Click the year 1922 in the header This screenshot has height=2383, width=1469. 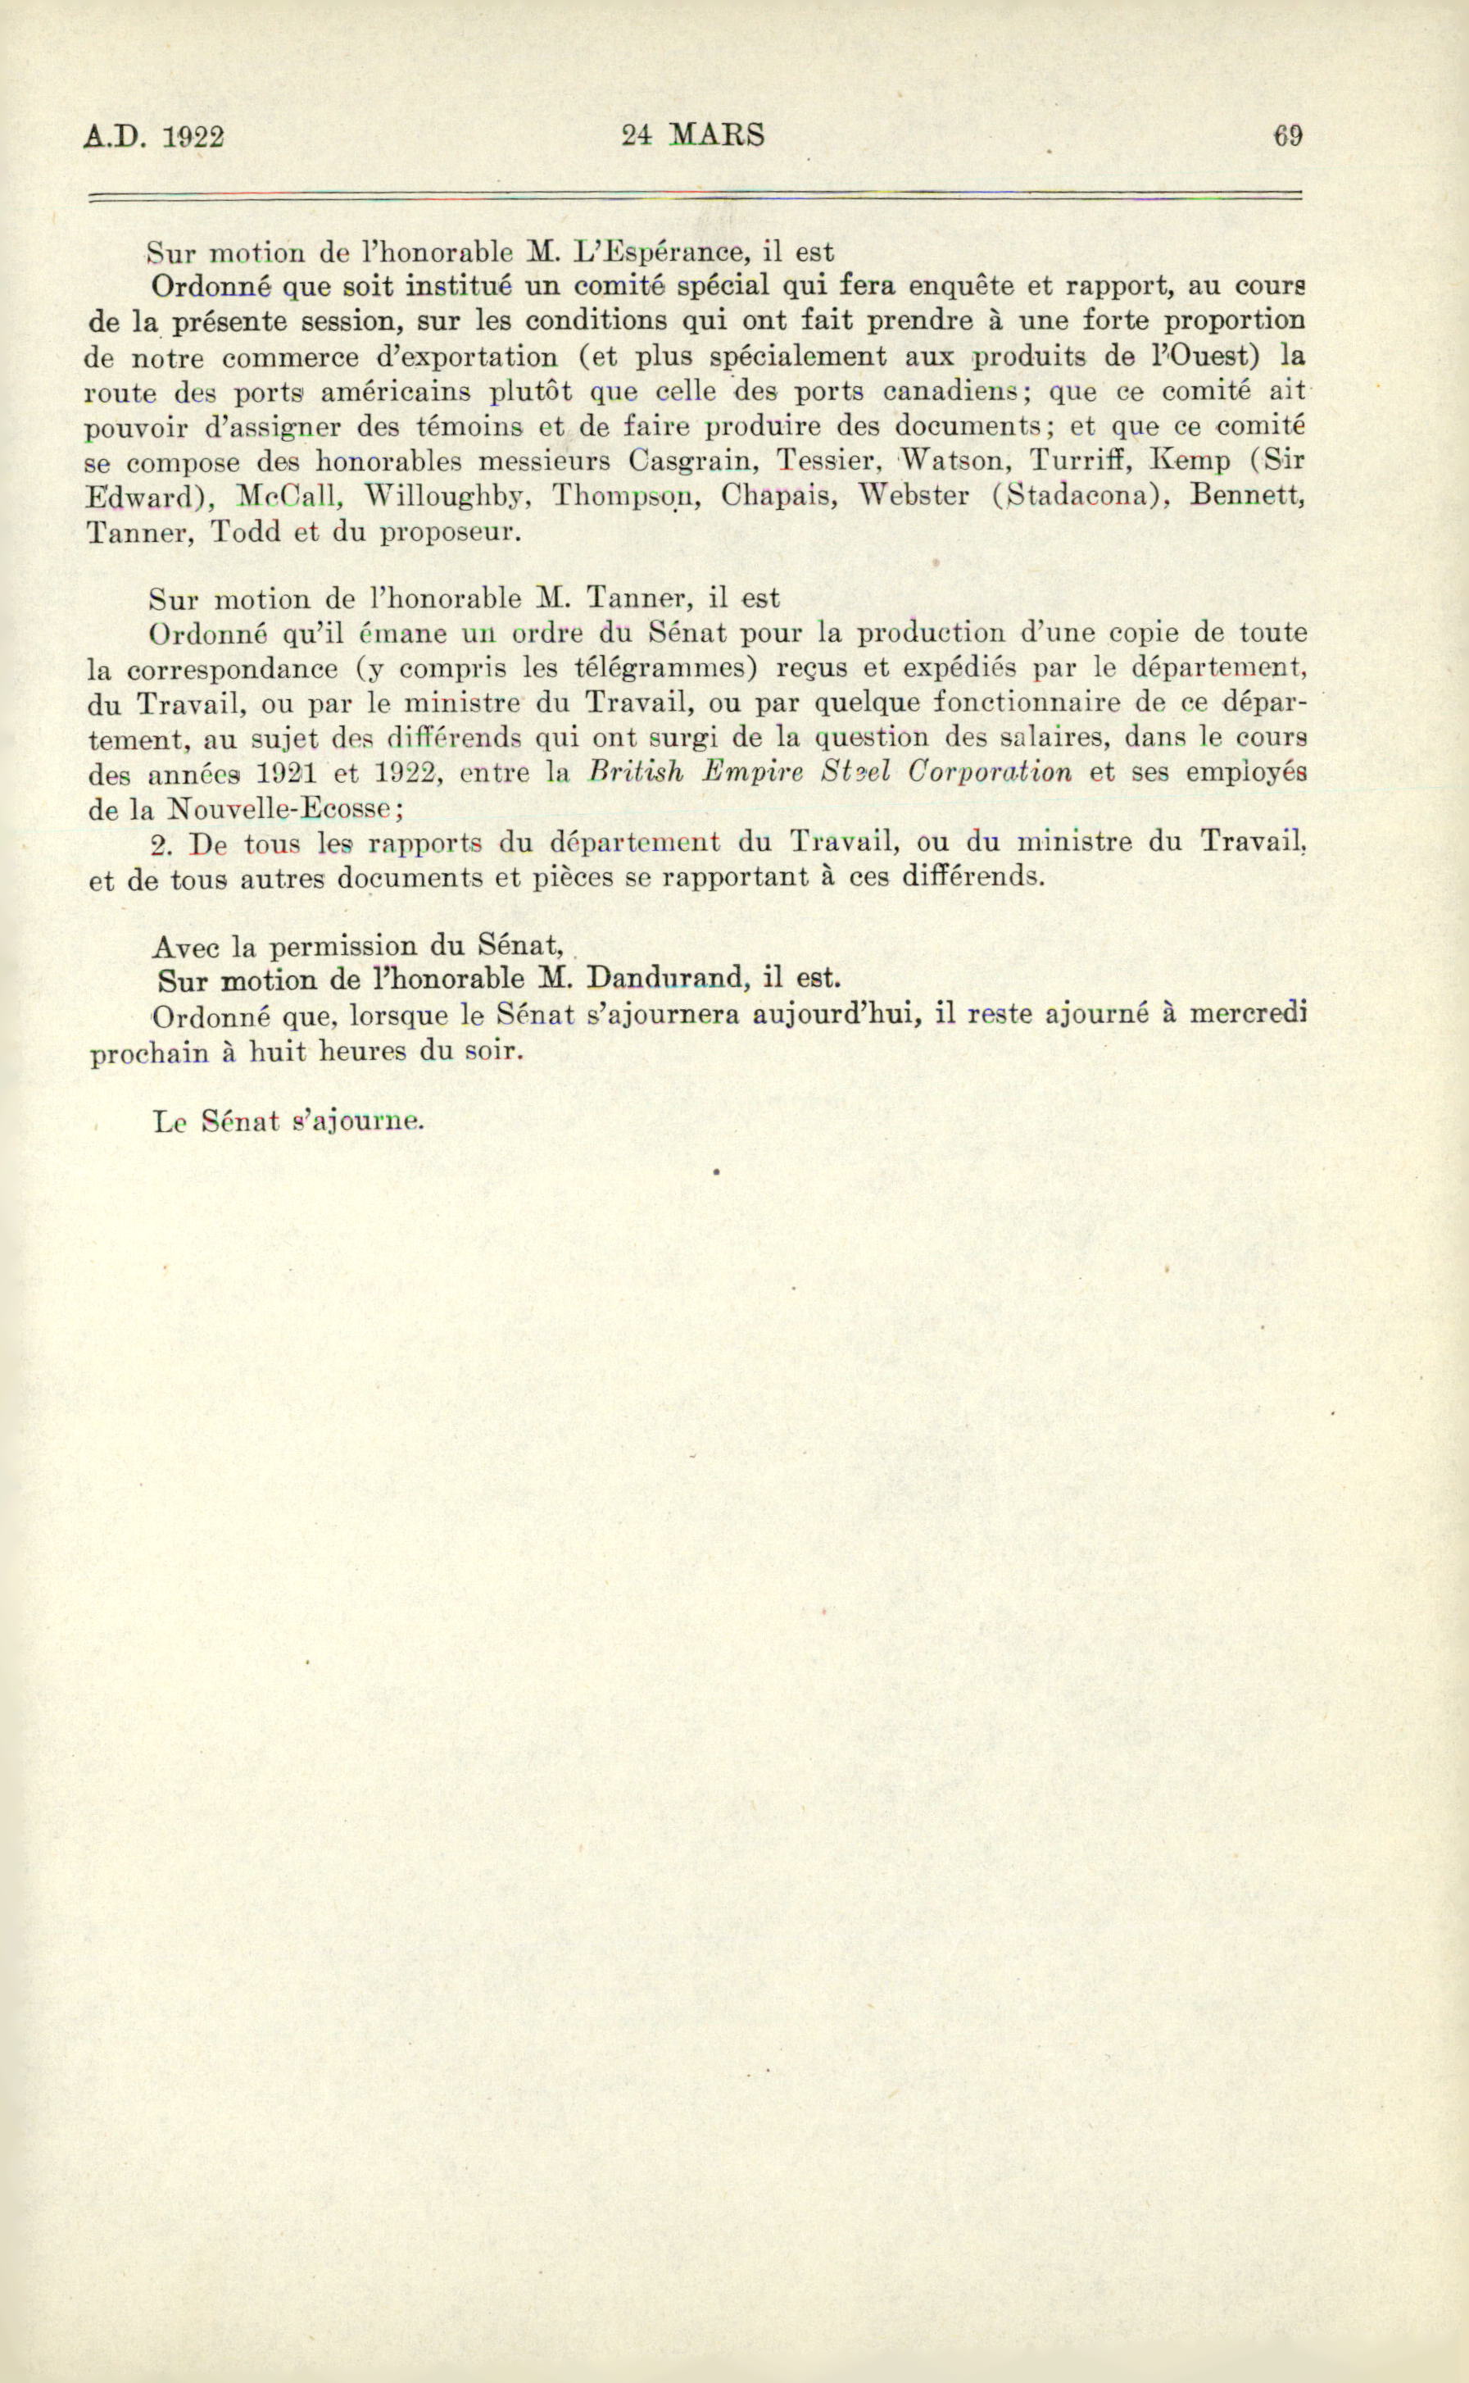193,137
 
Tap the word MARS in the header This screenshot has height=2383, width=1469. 718,134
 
